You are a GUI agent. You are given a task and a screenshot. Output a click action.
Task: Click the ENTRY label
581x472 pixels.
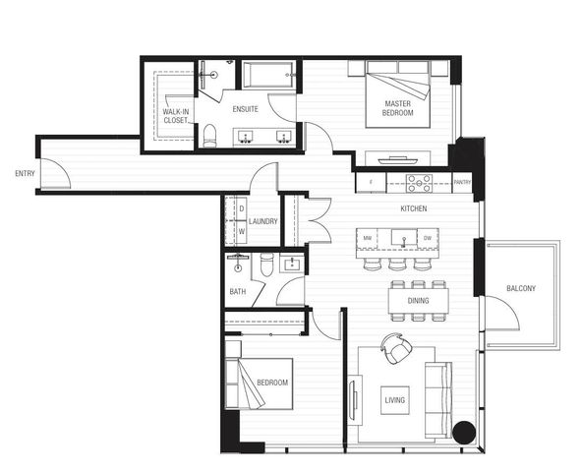coord(25,174)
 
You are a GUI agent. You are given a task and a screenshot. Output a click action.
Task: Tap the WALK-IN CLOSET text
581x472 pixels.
coord(177,116)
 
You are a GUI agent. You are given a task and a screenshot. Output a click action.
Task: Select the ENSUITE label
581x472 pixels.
coord(246,110)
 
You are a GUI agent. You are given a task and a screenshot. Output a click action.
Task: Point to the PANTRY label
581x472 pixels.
coord(463,182)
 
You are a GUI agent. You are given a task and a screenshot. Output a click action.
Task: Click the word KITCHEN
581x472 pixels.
coord(413,210)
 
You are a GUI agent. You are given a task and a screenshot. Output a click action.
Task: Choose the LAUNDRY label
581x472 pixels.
coord(262,221)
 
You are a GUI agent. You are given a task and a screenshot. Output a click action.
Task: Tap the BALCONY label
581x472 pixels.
coord(521,289)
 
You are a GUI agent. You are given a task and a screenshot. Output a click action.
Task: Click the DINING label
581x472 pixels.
coord(419,317)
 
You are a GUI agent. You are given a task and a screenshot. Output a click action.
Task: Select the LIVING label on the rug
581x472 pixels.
coord(394,400)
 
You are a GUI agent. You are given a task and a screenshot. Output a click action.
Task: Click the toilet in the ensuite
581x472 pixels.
coord(208,137)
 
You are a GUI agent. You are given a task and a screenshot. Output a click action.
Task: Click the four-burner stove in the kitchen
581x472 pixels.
coord(420,182)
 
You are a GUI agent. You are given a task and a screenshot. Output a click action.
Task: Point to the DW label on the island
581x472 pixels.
coord(428,239)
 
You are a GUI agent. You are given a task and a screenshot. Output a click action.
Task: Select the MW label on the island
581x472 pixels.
coord(367,239)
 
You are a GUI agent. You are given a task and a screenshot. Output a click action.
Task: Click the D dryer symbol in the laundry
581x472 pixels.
coord(241,208)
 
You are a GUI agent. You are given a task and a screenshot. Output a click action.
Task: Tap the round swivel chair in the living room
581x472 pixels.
coord(395,349)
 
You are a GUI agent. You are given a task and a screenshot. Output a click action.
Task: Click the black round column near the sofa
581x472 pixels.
coord(465,432)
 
